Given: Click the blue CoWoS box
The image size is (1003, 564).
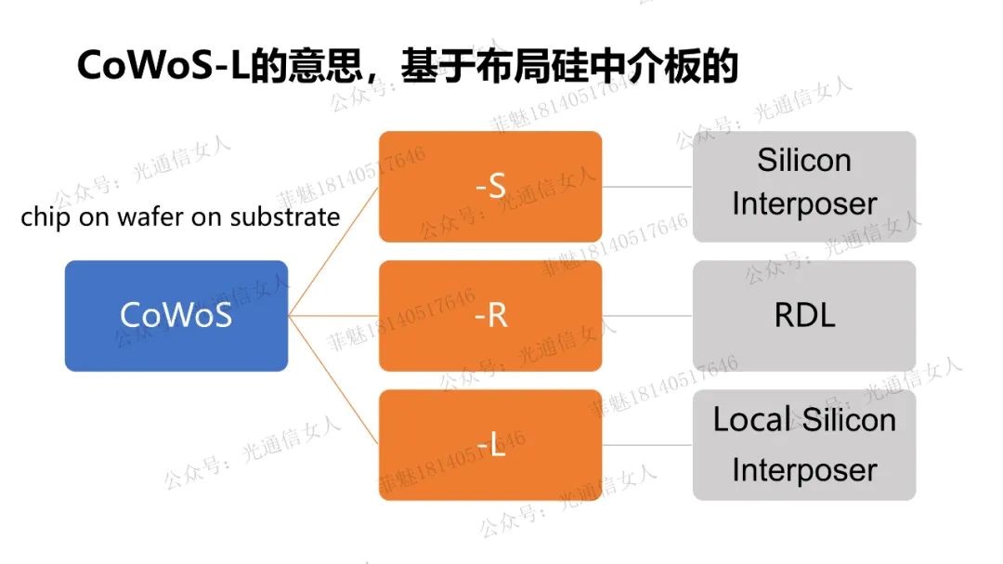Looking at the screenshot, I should point(176,316).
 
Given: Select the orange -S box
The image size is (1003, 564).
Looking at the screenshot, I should point(490,187).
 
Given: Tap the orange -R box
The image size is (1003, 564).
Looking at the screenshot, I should point(490,316).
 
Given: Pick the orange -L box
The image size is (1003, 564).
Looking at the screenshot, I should point(490,445).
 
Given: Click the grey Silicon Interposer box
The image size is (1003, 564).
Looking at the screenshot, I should point(804,187).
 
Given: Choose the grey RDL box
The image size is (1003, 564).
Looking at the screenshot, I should point(804,316).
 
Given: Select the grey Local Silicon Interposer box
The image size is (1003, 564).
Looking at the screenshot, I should point(804,445).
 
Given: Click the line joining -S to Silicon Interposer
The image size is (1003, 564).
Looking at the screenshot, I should point(647,187).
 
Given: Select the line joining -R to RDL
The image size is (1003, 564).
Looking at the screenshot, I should point(647,316).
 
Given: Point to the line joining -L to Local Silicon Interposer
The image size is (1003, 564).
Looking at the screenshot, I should point(647,445).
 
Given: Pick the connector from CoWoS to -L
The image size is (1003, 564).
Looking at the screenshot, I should point(333,380).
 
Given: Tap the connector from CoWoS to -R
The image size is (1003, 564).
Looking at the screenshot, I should point(333,316).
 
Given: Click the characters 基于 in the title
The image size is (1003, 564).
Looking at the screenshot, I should point(430,67).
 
